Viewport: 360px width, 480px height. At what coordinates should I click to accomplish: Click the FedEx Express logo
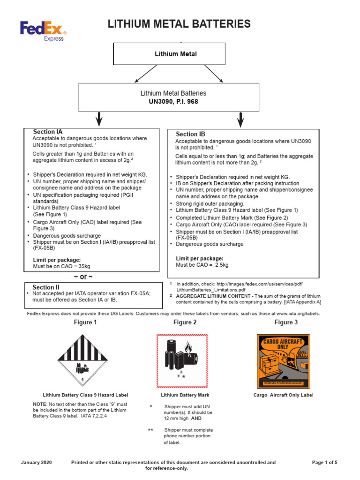pyautogui.click(x=43, y=32)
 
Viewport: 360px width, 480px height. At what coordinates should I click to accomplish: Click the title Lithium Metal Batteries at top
pyautogui.click(x=179, y=24)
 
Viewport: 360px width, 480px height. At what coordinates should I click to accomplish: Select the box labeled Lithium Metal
pyautogui.click(x=176, y=54)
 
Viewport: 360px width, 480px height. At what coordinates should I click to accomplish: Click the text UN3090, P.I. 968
pyautogui.click(x=173, y=102)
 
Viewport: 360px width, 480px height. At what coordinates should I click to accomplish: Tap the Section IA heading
pyautogui.click(x=48, y=132)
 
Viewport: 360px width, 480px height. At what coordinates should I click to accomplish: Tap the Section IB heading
pyautogui.click(x=190, y=134)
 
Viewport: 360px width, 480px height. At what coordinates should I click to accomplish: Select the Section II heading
pyautogui.click(x=46, y=287)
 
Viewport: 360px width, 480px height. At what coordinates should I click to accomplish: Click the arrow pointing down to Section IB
pyautogui.click(x=240, y=120)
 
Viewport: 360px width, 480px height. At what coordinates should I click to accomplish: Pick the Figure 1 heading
pyautogui.click(x=85, y=322)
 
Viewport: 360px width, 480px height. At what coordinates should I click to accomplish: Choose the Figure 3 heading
pyautogui.click(x=286, y=322)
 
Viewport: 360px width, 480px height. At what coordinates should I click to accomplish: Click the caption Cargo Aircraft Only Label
pyautogui.click(x=283, y=395)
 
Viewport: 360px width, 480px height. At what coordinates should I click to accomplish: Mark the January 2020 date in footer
pyautogui.click(x=37, y=462)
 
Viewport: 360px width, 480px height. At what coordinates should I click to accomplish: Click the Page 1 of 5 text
pyautogui.click(x=324, y=462)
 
